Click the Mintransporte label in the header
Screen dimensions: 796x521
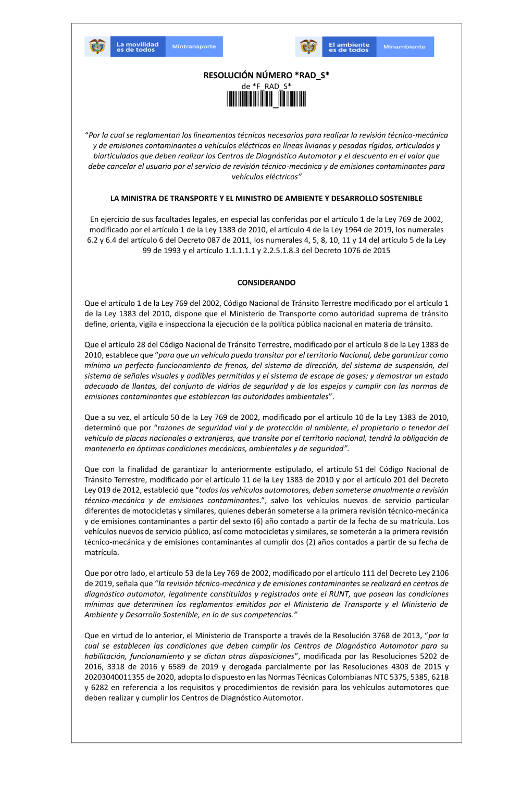click(194, 47)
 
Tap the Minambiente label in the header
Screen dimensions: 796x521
click(404, 47)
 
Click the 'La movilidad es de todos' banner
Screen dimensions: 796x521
click(138, 47)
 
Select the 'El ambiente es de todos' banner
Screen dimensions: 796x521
click(349, 47)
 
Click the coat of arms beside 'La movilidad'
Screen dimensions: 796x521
click(97, 46)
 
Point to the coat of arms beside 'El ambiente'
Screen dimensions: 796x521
click(308, 46)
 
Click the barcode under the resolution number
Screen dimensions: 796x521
click(266, 99)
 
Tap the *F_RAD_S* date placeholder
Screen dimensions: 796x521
click(271, 86)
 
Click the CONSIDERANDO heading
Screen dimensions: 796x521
click(266, 283)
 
